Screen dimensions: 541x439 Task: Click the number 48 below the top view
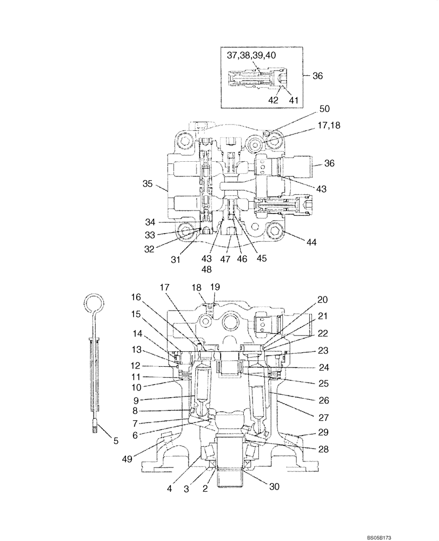click(207, 269)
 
